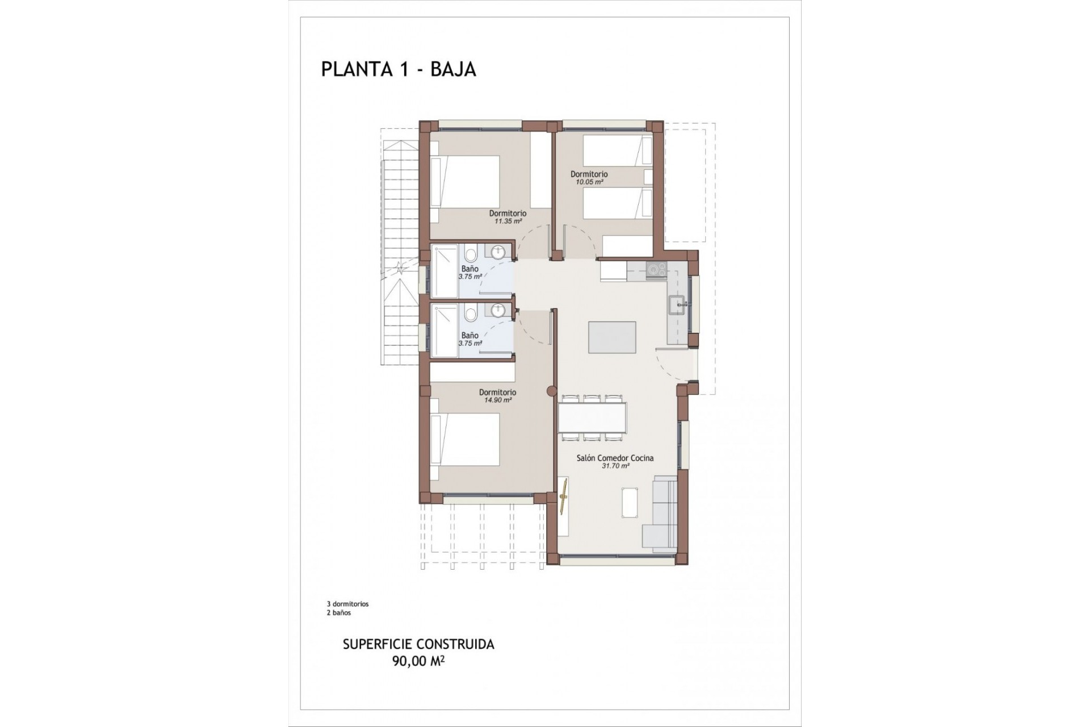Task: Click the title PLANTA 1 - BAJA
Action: pos(398,69)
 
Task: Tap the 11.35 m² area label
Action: pos(508,222)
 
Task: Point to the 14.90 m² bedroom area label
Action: pos(497,400)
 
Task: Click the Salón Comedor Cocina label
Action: pos(615,458)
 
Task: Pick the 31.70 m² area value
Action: pos(615,466)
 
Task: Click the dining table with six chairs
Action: pos(593,417)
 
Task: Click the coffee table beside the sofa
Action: pos(630,503)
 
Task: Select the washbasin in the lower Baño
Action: pos(498,311)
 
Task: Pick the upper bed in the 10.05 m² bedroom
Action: pos(617,150)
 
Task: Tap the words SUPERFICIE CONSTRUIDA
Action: pos(418,645)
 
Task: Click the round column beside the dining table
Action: pos(551,391)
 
